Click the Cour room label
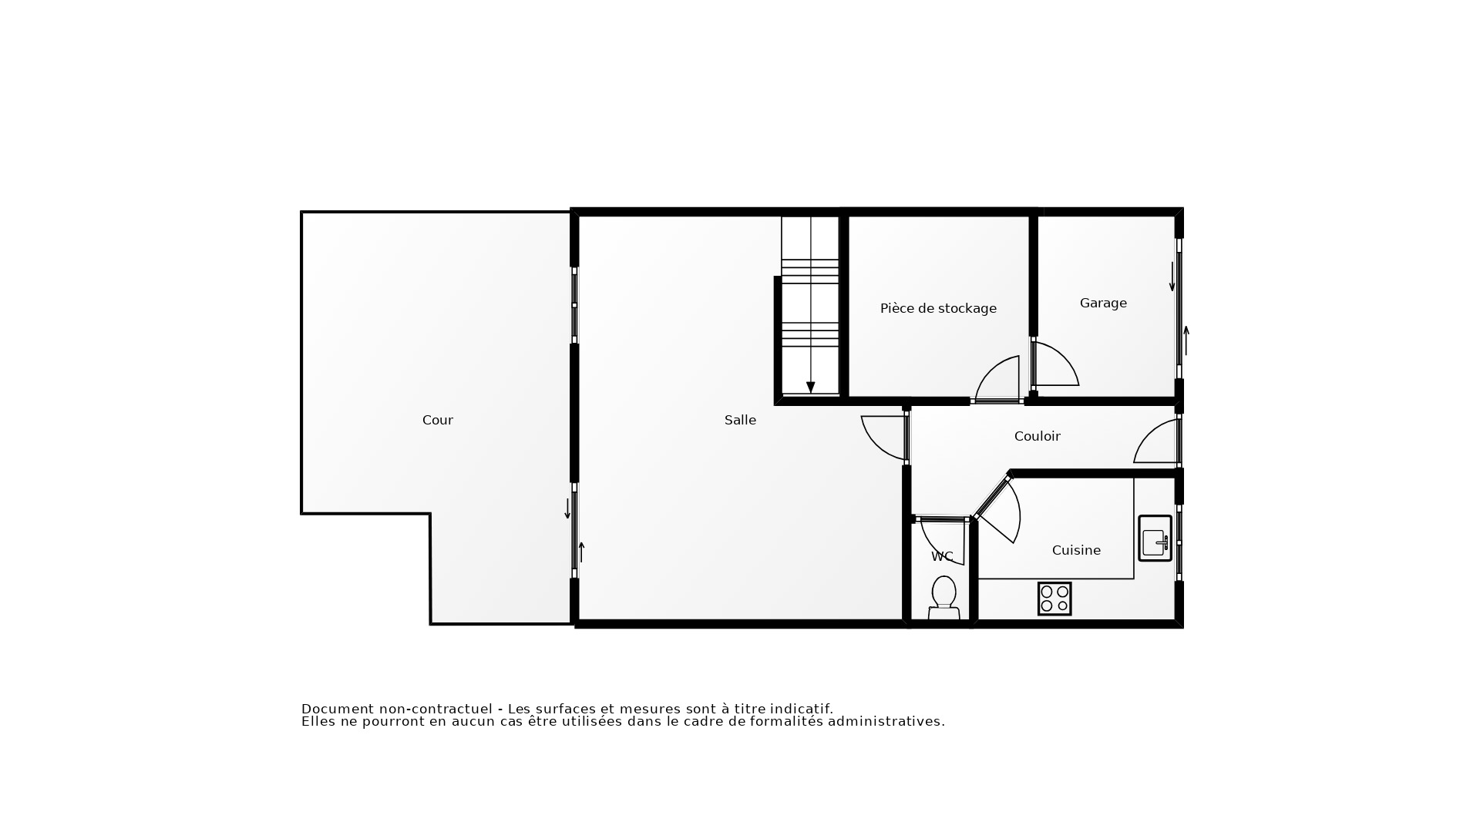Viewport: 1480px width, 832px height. tap(437, 420)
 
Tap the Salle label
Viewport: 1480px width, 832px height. tap(740, 420)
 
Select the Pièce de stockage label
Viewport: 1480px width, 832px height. tap(938, 308)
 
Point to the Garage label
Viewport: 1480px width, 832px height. tap(1103, 303)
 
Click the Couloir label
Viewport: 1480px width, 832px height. tap(1037, 436)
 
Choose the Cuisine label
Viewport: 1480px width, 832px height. tap(1076, 550)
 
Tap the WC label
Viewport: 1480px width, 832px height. tap(942, 556)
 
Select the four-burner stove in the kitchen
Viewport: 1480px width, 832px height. tap(1054, 599)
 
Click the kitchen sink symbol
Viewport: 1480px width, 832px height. tap(1155, 538)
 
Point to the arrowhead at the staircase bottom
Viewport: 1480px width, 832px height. tap(810, 387)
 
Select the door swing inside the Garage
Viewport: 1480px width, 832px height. tap(1056, 364)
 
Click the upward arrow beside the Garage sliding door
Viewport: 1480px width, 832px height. tap(1186, 340)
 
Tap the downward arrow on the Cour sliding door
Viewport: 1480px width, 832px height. tap(567, 508)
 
